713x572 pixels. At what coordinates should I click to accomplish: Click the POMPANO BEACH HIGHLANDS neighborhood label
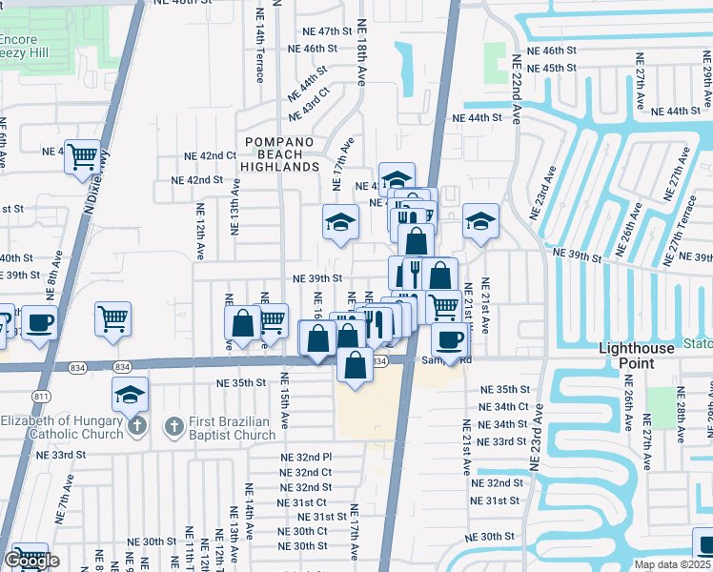pyautogui.click(x=280, y=153)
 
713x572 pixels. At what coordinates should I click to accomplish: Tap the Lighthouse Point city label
pyautogui.click(x=639, y=356)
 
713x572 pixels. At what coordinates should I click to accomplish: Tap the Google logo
pyautogui.click(x=31, y=562)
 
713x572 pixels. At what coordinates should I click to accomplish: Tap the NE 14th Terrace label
pyautogui.click(x=260, y=45)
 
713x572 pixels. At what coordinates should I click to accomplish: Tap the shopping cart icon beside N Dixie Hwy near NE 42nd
pyautogui.click(x=83, y=155)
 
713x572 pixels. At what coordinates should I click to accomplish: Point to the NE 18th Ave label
pyautogui.click(x=361, y=52)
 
